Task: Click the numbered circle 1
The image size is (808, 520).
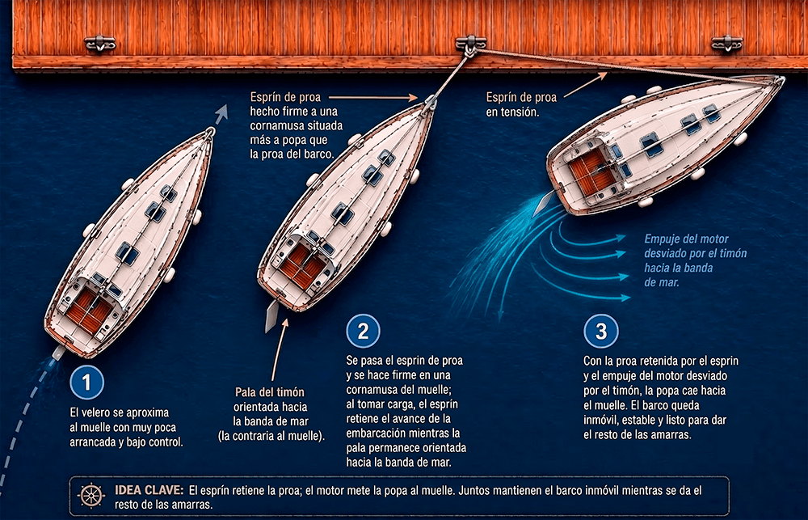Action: click(x=86, y=383)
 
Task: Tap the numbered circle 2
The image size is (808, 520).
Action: click(x=364, y=331)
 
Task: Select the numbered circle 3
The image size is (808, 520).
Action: click(x=601, y=331)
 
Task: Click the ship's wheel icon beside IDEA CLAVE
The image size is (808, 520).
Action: click(x=91, y=496)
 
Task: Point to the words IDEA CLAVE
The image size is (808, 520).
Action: click(x=149, y=490)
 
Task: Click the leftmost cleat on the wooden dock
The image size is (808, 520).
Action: click(x=100, y=44)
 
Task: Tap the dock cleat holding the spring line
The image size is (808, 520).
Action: click(x=471, y=44)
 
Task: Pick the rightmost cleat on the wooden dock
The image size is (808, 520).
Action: click(x=726, y=44)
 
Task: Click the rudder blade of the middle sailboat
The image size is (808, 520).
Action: click(x=271, y=316)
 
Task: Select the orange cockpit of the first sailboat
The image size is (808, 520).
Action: click(x=89, y=311)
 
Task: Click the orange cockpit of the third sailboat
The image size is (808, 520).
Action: click(x=592, y=171)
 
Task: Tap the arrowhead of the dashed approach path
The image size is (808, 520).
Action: click(x=221, y=112)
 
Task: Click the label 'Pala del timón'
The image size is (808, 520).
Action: click(x=269, y=392)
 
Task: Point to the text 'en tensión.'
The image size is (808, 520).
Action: click(x=512, y=112)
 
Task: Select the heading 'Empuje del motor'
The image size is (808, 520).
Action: click(x=686, y=239)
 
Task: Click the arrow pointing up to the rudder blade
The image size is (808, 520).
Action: click(x=280, y=350)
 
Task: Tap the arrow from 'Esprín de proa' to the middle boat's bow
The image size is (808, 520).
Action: click(x=373, y=96)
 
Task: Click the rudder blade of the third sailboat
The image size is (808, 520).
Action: click(x=543, y=204)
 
